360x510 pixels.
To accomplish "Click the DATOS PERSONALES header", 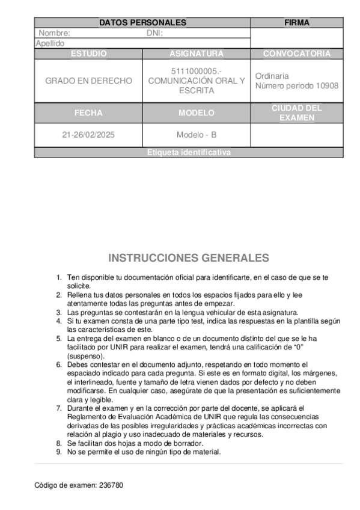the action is click(x=142, y=23).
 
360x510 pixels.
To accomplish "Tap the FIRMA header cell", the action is click(x=297, y=23).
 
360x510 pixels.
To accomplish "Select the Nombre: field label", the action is click(x=54, y=34).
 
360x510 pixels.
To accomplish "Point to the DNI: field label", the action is click(x=155, y=34).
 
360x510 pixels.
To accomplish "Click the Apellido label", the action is click(x=50, y=44).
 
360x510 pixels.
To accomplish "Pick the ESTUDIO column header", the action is click(x=88, y=54).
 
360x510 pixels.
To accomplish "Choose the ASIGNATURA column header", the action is click(x=197, y=54).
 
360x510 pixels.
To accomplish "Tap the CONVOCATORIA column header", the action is click(x=297, y=54).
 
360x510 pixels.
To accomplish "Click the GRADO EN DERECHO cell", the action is click(x=88, y=81).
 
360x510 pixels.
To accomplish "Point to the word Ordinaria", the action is click(x=272, y=76).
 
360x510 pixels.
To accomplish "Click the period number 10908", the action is click(x=327, y=86).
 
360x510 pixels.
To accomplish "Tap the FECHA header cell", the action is click(x=88, y=112).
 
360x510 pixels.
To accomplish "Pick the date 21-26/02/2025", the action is click(x=88, y=135).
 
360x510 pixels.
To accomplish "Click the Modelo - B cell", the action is click(x=197, y=135).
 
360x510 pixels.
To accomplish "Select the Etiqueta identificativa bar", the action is click(x=189, y=153).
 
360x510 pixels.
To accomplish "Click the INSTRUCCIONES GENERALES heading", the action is click(x=189, y=258).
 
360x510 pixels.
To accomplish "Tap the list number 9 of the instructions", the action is click(x=59, y=452).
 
